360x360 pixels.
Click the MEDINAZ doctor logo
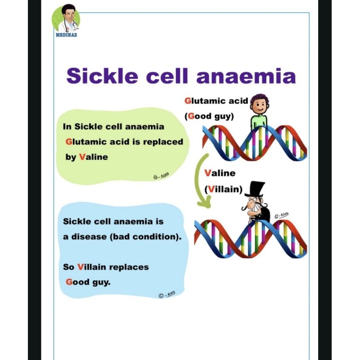[x=66, y=20]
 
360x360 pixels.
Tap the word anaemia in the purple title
[x=247, y=76]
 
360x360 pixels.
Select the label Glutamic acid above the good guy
[x=216, y=100]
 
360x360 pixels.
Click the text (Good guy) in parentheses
[x=209, y=116]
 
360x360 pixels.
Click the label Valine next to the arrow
[x=220, y=173]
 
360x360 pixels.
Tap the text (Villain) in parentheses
[x=224, y=189]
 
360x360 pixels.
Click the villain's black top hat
[x=255, y=191]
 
